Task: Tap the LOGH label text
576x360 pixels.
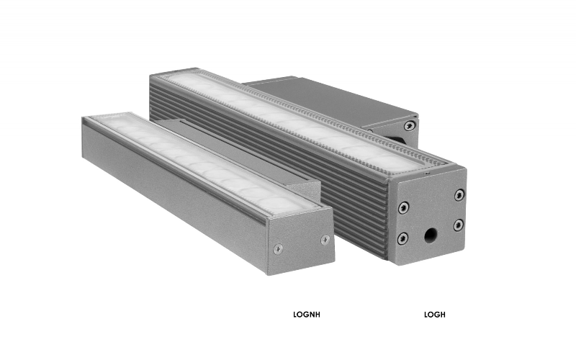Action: tap(435, 315)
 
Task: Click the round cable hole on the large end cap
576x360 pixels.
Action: tap(431, 235)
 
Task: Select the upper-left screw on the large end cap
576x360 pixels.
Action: tap(403, 207)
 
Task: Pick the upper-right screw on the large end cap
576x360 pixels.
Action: tap(459, 194)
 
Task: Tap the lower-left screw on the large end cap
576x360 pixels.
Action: tap(403, 238)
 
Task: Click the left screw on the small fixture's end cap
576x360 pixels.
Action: tap(279, 248)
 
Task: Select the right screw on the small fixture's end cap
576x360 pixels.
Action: tap(325, 239)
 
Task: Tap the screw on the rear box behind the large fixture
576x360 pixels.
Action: tap(409, 126)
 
